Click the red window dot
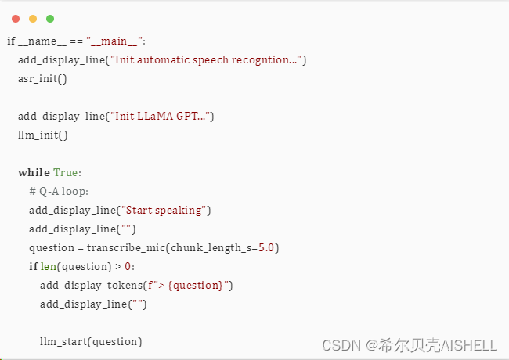click(x=16, y=18)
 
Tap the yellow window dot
click(x=33, y=18)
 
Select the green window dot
click(x=50, y=18)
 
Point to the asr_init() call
click(x=43, y=79)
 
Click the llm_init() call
click(x=43, y=135)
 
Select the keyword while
click(x=34, y=172)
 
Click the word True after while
click(x=67, y=172)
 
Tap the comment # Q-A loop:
click(x=59, y=191)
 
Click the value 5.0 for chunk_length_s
click(x=268, y=247)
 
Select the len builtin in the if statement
click(x=49, y=266)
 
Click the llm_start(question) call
click(x=91, y=341)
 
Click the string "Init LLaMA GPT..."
click(x=160, y=116)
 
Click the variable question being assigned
click(x=52, y=247)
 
